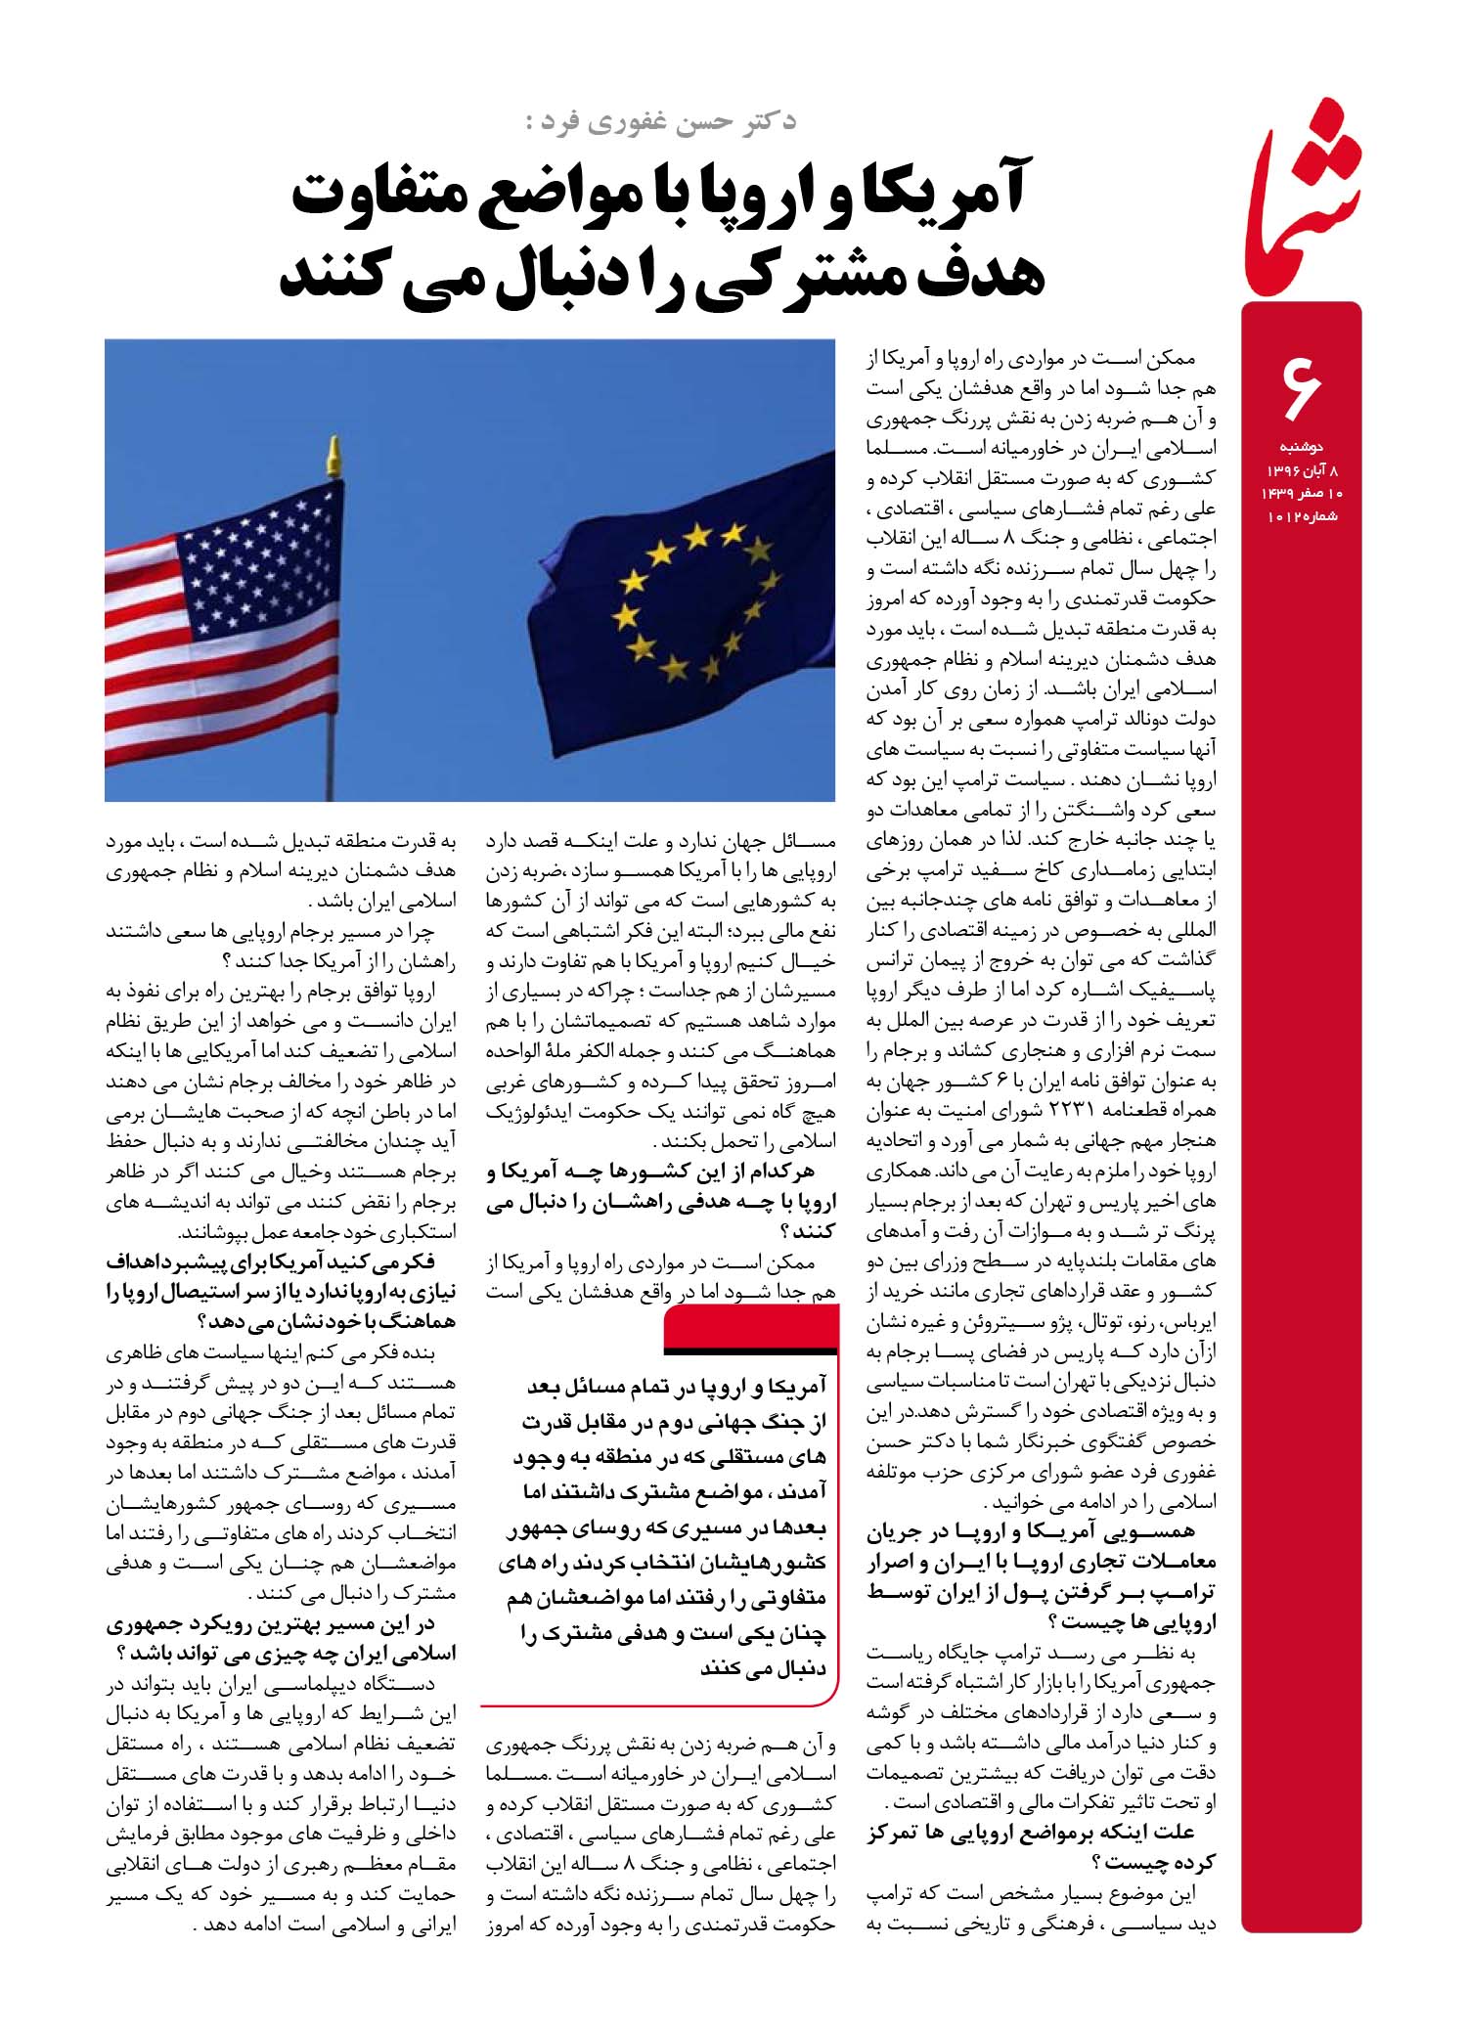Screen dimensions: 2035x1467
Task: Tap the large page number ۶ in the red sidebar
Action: (1301, 387)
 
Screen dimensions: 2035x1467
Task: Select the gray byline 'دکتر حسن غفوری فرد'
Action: (660, 122)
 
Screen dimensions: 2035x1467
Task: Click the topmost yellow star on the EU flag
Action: (700, 534)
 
